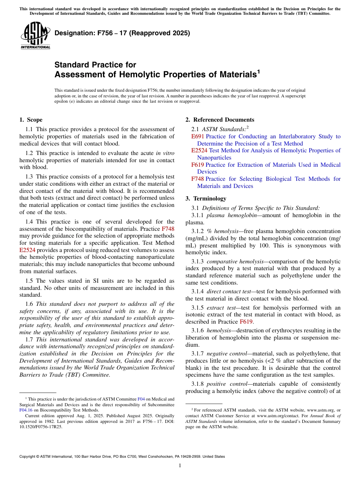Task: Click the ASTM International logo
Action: [35, 35]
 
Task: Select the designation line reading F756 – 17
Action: [122, 33]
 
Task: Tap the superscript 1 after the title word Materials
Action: [258, 72]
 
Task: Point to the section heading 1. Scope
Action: [31, 120]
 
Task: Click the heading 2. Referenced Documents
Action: [220, 120]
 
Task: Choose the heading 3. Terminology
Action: [206, 199]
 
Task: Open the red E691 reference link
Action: [198, 136]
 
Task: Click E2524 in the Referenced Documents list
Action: [199, 150]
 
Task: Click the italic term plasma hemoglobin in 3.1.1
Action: [229, 215]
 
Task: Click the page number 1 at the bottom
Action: [180, 465]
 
